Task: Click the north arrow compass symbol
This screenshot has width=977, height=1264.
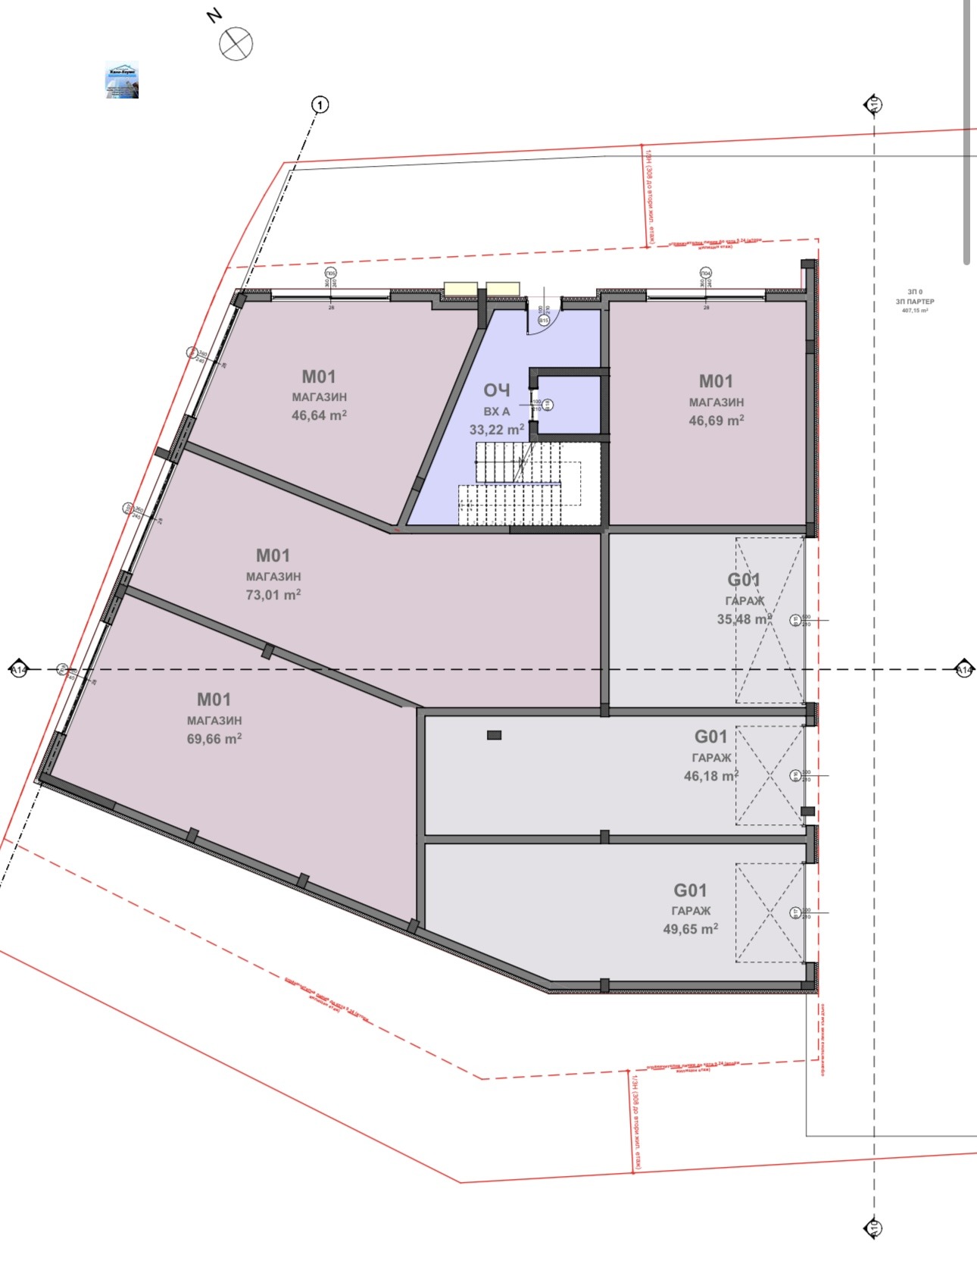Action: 236,43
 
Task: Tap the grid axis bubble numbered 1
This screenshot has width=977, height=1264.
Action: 320,105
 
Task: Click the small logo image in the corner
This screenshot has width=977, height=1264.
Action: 121,80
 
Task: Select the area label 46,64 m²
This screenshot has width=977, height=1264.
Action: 319,415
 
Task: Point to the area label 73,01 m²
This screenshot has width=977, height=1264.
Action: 273,595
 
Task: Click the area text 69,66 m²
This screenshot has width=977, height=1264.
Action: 214,739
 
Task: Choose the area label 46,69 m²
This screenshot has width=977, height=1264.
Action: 716,421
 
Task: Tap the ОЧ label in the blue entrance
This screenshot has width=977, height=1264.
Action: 497,390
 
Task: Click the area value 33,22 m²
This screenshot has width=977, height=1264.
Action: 497,430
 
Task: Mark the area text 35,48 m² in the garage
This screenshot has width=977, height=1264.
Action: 744,619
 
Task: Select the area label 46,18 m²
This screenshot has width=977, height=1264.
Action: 710,776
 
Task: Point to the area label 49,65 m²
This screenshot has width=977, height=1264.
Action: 690,929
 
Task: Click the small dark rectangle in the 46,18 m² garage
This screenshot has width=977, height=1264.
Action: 495,735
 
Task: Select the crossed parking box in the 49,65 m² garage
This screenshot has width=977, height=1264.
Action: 769,913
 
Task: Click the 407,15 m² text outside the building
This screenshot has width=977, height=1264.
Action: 915,311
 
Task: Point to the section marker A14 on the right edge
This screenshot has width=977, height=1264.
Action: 963,670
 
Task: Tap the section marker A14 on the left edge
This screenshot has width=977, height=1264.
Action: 18,670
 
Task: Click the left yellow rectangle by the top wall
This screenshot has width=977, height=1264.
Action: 460,289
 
